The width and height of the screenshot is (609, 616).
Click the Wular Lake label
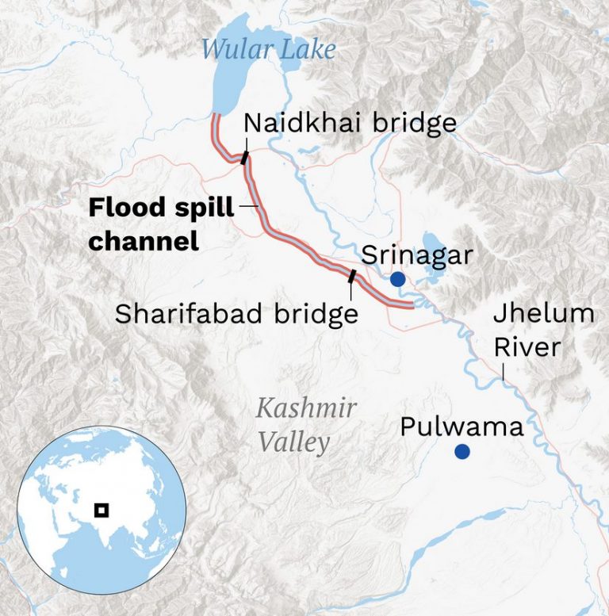pos(268,49)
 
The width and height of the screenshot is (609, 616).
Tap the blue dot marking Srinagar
pos(397,279)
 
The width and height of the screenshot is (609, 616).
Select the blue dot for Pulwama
pos(462,452)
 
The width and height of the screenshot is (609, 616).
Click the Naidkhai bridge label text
pos(350,123)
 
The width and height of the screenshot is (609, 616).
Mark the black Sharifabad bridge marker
pos(351,276)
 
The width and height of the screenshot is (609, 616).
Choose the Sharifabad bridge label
pos(236,314)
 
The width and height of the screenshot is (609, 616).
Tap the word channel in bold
pos(143,239)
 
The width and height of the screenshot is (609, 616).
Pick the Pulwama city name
pos(462,427)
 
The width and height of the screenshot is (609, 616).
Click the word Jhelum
pos(543,314)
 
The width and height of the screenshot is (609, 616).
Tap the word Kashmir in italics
pos(306,409)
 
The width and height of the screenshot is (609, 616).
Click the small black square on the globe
pos(101,510)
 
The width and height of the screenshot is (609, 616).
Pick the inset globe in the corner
pos(101,511)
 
